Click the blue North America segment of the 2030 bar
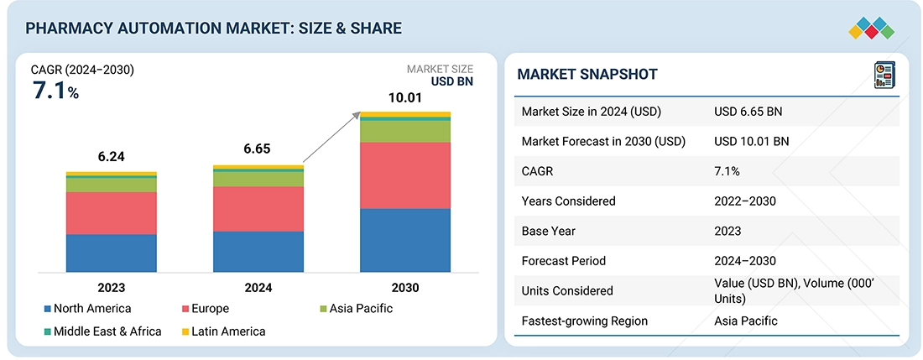tap(405, 240)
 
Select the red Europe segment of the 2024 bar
tap(258, 209)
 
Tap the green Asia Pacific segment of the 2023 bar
tap(112, 185)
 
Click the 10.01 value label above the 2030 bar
tap(405, 98)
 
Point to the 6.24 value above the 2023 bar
tap(112, 157)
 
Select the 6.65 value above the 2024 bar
tap(258, 149)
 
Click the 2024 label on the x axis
tap(258, 288)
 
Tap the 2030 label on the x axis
tap(405, 288)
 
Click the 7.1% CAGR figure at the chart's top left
tap(55, 91)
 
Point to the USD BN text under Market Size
tap(452, 82)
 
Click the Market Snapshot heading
tap(587, 75)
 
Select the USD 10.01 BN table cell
tap(752, 142)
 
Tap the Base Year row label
tap(549, 231)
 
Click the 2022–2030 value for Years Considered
tap(745, 201)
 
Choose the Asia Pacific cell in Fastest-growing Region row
tap(746, 321)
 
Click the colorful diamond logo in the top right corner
tap(871, 27)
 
